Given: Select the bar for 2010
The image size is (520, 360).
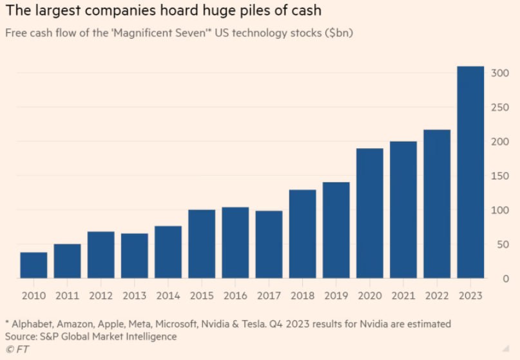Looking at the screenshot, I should [34, 265].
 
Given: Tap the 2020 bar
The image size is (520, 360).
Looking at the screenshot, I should [370, 213].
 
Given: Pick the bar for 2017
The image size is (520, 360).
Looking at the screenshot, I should [269, 245].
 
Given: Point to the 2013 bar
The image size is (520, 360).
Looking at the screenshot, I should [135, 256].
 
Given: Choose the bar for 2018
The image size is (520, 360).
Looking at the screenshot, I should [302, 234].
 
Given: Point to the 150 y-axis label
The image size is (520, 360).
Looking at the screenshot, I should [499, 176].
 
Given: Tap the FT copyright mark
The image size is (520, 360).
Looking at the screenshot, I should [15, 348].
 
